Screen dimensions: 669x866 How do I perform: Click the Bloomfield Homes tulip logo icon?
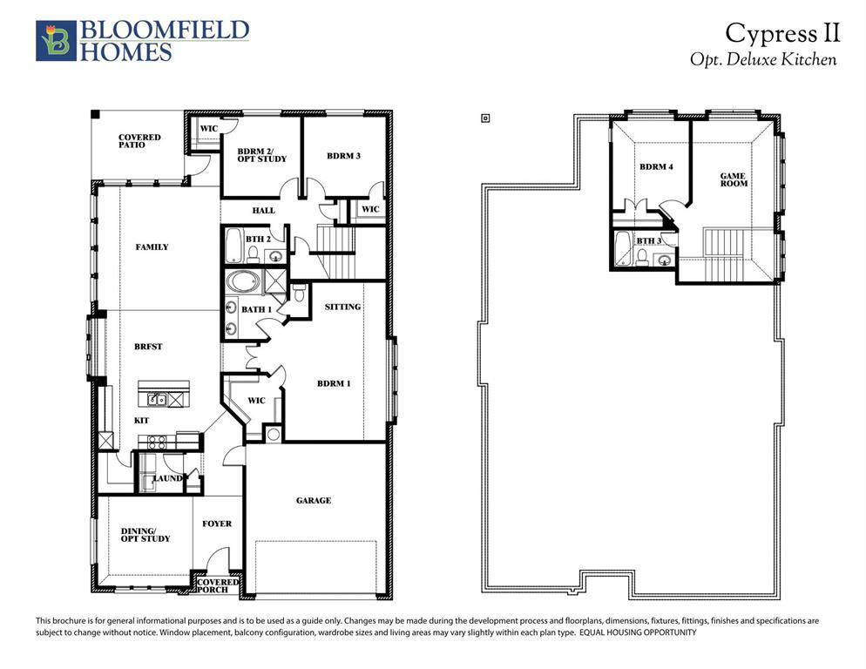click(56, 41)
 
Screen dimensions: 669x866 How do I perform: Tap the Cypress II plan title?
click(782, 33)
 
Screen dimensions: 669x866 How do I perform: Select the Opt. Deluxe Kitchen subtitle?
click(762, 60)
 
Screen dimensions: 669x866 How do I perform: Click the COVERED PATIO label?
click(139, 141)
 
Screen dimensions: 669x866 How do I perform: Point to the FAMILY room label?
click(152, 247)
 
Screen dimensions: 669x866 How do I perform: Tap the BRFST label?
click(149, 347)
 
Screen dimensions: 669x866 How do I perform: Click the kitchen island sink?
click(158, 400)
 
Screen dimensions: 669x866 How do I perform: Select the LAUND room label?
click(167, 478)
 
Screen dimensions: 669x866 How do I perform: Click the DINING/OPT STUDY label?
click(145, 535)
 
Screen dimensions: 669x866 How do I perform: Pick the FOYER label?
click(217, 524)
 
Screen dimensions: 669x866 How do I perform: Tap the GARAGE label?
click(313, 501)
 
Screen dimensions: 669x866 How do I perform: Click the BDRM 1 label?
click(334, 383)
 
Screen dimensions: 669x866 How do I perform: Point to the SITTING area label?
click(342, 307)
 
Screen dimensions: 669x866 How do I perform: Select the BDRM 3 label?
click(343, 156)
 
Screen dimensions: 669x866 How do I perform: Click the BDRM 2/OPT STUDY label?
click(261, 156)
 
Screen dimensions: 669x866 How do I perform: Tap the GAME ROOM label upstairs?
click(733, 179)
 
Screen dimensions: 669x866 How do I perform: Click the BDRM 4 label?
click(656, 166)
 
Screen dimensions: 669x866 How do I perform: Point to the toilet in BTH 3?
click(640, 256)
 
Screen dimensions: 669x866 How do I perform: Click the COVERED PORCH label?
click(219, 585)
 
